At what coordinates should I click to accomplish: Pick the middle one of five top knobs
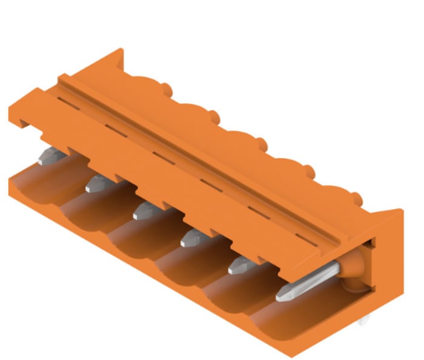260,144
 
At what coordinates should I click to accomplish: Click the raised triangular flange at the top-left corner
109,64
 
